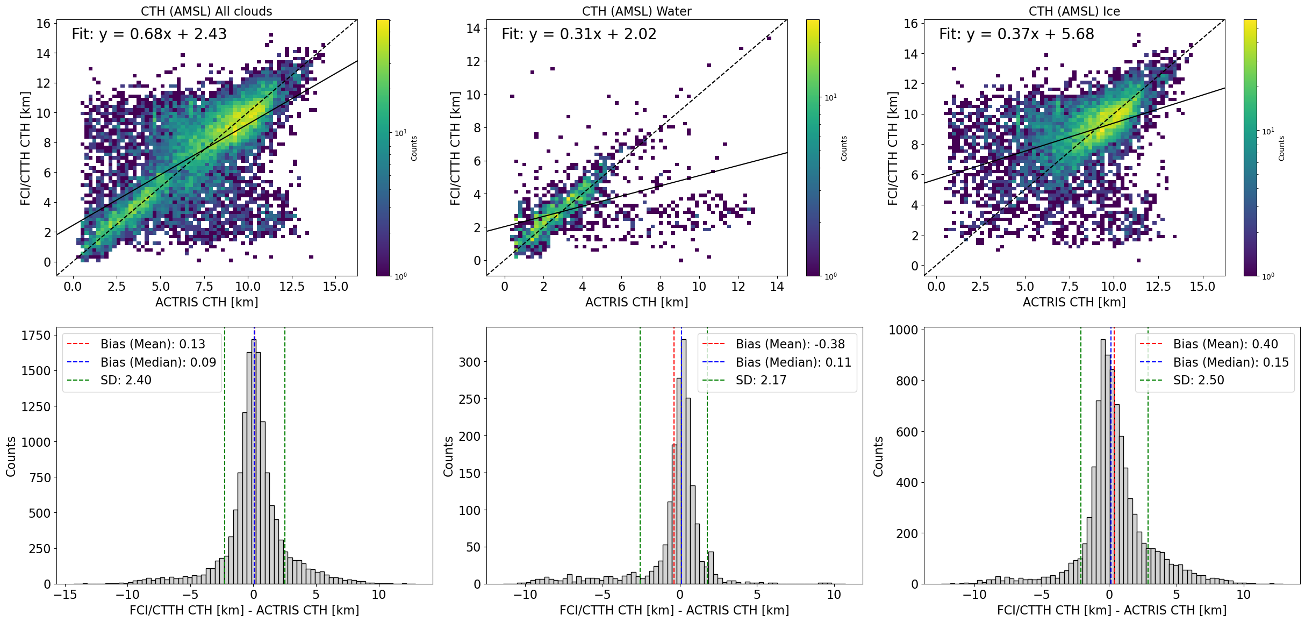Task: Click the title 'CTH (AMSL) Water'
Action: pyautogui.click(x=636, y=11)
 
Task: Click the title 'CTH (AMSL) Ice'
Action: pyautogui.click(x=1074, y=11)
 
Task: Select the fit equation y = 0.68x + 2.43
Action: pyautogui.click(x=149, y=34)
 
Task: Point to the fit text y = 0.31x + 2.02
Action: pyautogui.click(x=579, y=34)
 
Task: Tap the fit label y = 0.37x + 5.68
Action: pyautogui.click(x=1016, y=34)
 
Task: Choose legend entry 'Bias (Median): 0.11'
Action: pyautogui.click(x=793, y=362)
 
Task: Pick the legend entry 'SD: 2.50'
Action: pyautogui.click(x=1199, y=380)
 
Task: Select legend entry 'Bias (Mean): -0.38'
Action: pyautogui.click(x=790, y=344)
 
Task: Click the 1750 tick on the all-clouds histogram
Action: pyautogui.click(x=35, y=335)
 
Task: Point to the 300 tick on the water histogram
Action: pyautogui.click(x=469, y=362)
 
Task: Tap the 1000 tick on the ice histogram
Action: pyautogui.click(x=903, y=330)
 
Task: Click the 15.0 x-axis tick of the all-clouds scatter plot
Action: pyautogui.click(x=335, y=287)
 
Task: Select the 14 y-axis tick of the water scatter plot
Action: pyautogui.click(x=473, y=28)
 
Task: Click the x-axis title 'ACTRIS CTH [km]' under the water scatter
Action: pyautogui.click(x=636, y=302)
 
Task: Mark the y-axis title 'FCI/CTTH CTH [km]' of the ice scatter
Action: pyautogui.click(x=893, y=148)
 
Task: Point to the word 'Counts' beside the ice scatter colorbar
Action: pyautogui.click(x=1281, y=148)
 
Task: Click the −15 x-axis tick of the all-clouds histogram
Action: pyautogui.click(x=64, y=595)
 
